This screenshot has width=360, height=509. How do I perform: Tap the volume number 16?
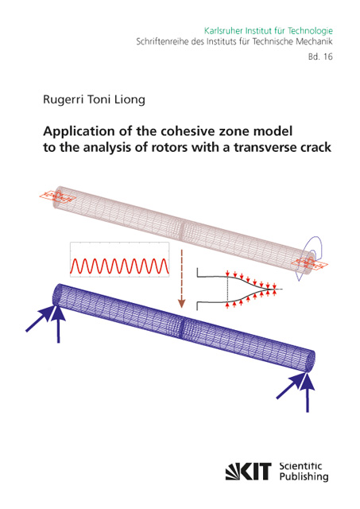328,56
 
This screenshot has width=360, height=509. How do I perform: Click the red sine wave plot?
120,266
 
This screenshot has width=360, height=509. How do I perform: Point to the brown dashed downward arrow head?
182,304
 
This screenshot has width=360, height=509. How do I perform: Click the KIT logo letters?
249,471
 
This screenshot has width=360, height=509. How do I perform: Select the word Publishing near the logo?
304,477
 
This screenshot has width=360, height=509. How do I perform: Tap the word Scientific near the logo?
300,466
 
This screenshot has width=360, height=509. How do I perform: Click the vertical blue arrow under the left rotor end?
58,324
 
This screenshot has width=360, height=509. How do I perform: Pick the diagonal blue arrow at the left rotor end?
40,320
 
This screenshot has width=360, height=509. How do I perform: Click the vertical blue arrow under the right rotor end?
308,393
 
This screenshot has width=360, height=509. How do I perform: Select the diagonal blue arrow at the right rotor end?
290,386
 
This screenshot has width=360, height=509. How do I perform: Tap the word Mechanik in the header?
317,41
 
